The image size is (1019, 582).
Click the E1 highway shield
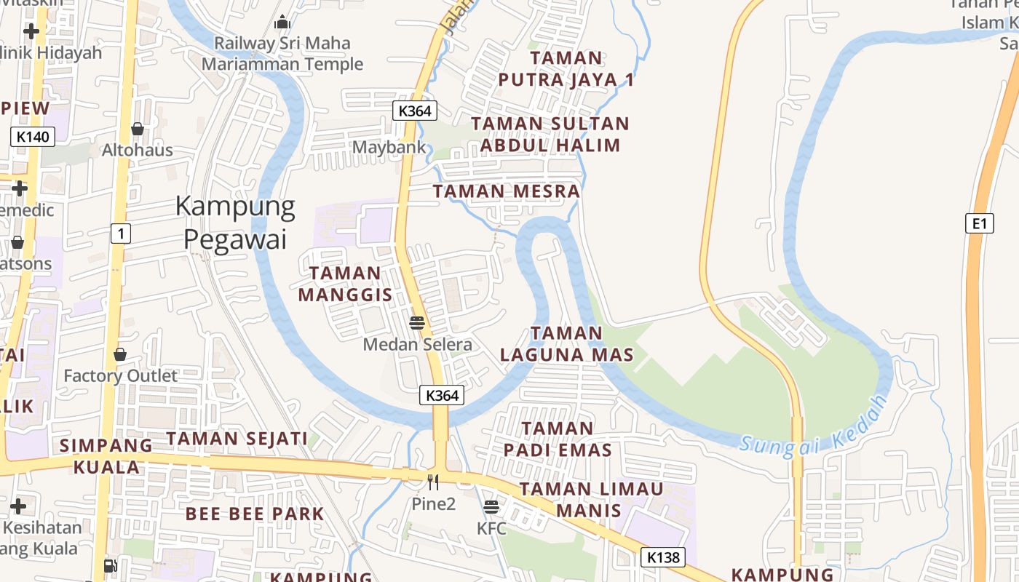coord(980,223)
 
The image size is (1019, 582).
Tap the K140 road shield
coord(33,136)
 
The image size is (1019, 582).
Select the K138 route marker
coord(663,557)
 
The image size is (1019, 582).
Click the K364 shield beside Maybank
coord(415,111)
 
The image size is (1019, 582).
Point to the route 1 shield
coord(121,234)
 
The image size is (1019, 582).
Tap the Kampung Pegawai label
coord(235,223)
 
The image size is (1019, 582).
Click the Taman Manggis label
coord(345,284)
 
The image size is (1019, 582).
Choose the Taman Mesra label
coord(507,191)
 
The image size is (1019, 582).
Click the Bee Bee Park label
coord(254,514)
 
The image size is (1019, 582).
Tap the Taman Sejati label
coord(237,439)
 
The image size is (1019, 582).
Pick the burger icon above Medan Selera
coord(417,322)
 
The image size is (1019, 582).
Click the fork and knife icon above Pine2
coord(433,482)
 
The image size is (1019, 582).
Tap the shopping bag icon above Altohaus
coord(137,129)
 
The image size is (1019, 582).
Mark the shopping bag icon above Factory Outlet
coord(120,354)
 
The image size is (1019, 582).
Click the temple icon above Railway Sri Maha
coord(282,23)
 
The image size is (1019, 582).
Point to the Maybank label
coord(389,147)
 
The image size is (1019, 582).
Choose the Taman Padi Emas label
coord(558,439)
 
